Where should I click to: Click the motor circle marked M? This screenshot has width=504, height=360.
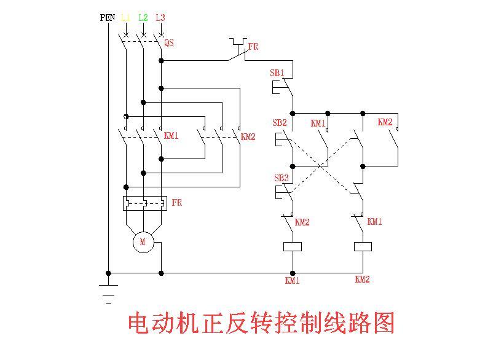pos(143,242)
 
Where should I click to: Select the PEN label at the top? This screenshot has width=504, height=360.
pos(108,18)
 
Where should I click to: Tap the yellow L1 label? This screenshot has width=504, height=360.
pos(125,18)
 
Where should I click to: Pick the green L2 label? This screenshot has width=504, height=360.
pos(143,18)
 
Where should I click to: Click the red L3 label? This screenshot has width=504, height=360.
pos(160,18)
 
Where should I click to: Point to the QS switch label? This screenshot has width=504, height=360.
pos(169,44)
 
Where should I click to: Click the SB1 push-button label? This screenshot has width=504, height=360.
pos(277,73)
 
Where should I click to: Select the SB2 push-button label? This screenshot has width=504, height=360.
pos(280,123)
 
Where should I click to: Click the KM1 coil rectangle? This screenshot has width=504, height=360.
pos(293,247)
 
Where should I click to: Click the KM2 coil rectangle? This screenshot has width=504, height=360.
pos(363,247)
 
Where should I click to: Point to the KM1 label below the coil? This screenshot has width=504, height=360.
pos(293,281)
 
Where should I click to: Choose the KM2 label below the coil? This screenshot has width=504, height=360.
pos(363,280)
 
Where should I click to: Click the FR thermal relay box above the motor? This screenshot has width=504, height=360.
pos(145,202)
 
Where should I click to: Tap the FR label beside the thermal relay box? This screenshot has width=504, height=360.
pos(177,203)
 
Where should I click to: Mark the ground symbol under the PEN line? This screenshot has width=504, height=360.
pos(109,294)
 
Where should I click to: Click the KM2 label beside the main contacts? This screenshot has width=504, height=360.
pos(248,136)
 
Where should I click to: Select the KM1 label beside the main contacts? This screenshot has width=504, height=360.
pos(171,135)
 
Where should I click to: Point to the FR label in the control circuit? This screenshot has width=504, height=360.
pos(253,47)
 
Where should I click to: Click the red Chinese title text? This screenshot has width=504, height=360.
pos(261,323)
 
